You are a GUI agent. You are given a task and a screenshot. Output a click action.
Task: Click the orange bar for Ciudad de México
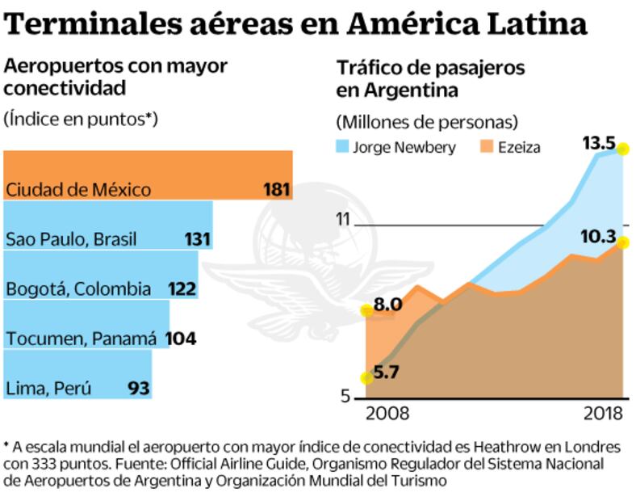[148, 175]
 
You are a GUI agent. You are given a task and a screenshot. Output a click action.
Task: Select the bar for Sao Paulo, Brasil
[108, 225]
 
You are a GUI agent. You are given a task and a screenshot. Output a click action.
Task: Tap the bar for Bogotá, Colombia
[101, 276]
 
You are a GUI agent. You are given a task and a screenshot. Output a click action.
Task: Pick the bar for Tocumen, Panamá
[86, 325]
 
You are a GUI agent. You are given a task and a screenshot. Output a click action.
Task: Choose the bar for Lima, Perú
[77, 374]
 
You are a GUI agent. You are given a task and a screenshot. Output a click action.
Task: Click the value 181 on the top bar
[276, 191]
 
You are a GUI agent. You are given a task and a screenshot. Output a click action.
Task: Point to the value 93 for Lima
[139, 389]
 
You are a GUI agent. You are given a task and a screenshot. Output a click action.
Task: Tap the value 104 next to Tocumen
[181, 339]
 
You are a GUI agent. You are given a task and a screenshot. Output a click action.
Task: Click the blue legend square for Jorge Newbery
[343, 148]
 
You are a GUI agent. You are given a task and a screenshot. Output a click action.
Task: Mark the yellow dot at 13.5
[623, 147]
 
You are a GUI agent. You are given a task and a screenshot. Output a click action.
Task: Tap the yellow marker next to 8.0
[366, 309]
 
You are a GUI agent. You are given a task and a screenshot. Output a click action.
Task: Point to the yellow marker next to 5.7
[366, 377]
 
